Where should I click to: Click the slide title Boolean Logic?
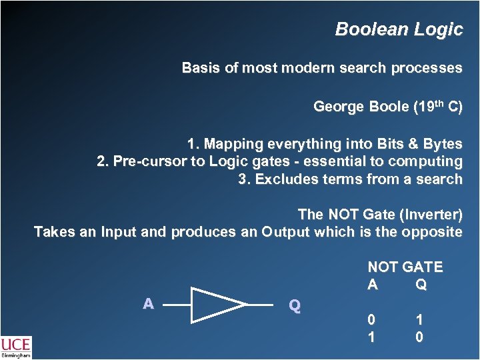pos(398,29)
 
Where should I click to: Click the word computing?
pos(426,161)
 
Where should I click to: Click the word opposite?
pos(431,232)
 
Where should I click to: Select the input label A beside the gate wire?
pos(149,304)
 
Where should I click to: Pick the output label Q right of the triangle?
pos(295,306)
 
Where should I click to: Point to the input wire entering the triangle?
pos(177,305)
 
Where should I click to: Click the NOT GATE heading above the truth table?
pos(405,267)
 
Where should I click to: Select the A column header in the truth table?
pos(373,285)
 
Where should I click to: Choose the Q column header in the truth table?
pos(420,285)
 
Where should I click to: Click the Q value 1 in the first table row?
pos(419,320)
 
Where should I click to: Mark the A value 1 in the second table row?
pos(372,337)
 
